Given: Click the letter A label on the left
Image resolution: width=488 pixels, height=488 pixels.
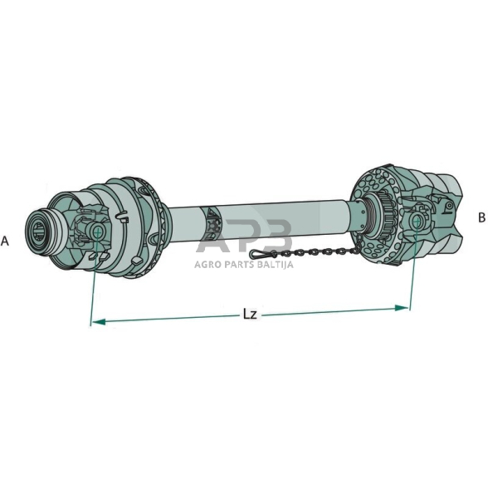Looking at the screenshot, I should pos(5,242).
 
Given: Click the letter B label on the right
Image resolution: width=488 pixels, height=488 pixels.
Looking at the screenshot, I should pos(481,217).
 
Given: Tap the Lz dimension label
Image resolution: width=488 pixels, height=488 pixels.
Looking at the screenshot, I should pos(250,315).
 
